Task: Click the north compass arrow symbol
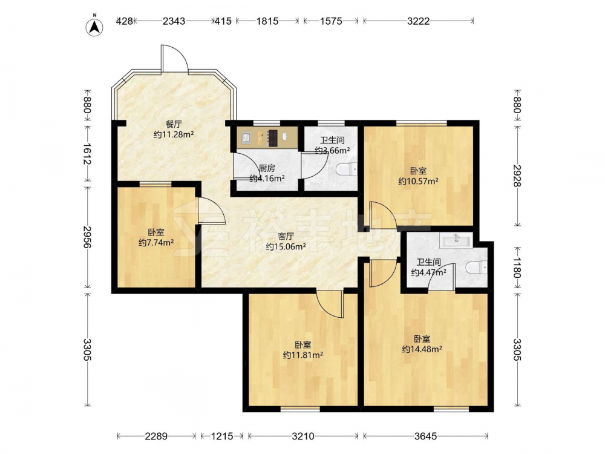coord(94,27)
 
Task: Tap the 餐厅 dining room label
coord(174,124)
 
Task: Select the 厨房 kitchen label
coord(267,168)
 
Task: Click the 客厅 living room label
coord(286,236)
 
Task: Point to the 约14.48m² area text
coord(422,349)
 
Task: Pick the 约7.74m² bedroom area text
coord(156,243)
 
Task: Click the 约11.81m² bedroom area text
coord(303,355)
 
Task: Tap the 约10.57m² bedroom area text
coord(418,181)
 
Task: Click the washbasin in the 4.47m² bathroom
coord(456,240)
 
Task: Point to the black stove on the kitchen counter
coord(273,138)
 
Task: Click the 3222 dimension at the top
coord(418,21)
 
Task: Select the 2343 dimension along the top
coord(174,21)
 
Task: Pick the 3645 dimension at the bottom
coord(425,436)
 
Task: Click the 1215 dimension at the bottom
coord(222,436)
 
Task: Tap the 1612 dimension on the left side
coord(87,154)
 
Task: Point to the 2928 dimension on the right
coord(517,176)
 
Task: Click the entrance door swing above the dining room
coord(174,59)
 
